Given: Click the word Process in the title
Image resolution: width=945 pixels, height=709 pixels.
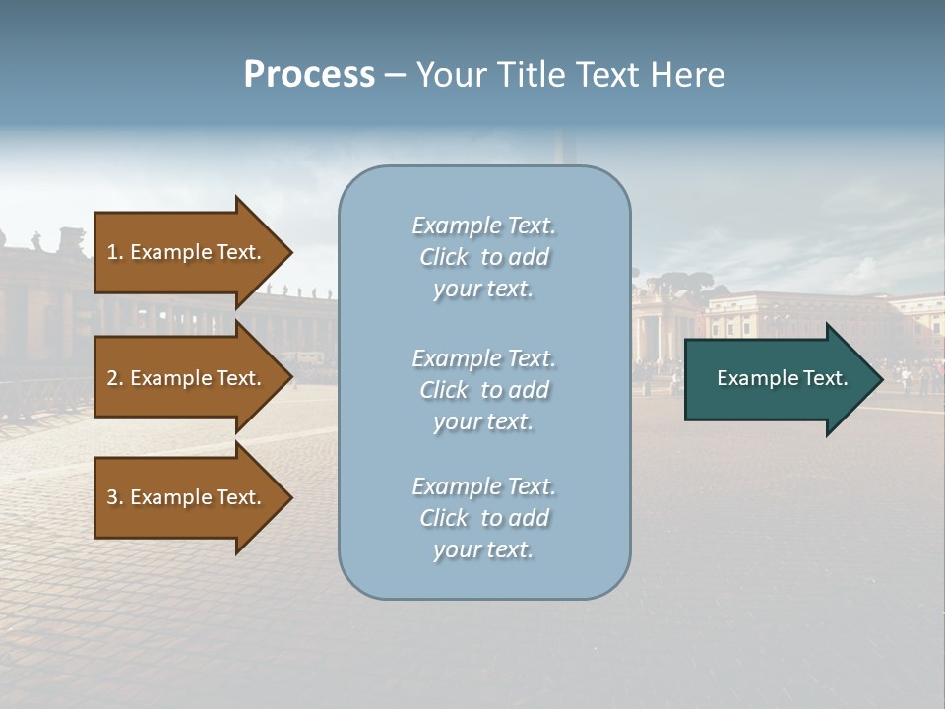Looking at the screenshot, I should click(x=309, y=75).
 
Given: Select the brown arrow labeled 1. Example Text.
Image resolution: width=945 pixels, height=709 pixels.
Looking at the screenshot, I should click(x=184, y=252).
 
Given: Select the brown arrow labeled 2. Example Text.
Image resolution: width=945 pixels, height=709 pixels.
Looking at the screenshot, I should click(x=184, y=378).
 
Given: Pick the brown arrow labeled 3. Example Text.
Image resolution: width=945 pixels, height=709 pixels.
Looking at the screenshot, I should click(x=184, y=497).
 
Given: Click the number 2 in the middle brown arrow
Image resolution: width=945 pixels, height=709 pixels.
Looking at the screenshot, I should click(x=111, y=378).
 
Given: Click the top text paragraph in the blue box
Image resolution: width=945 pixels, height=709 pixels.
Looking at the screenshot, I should click(x=483, y=257).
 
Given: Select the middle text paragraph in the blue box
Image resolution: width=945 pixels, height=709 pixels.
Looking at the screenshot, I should click(x=483, y=390).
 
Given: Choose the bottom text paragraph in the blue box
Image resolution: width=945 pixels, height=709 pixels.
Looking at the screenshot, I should click(x=483, y=518).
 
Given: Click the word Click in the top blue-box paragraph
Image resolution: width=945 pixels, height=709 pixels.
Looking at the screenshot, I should click(x=443, y=257).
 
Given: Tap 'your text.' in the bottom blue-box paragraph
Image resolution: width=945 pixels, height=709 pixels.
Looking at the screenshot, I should click(x=483, y=549).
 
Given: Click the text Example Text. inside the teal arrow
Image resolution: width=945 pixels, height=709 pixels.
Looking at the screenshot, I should click(x=782, y=378).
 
